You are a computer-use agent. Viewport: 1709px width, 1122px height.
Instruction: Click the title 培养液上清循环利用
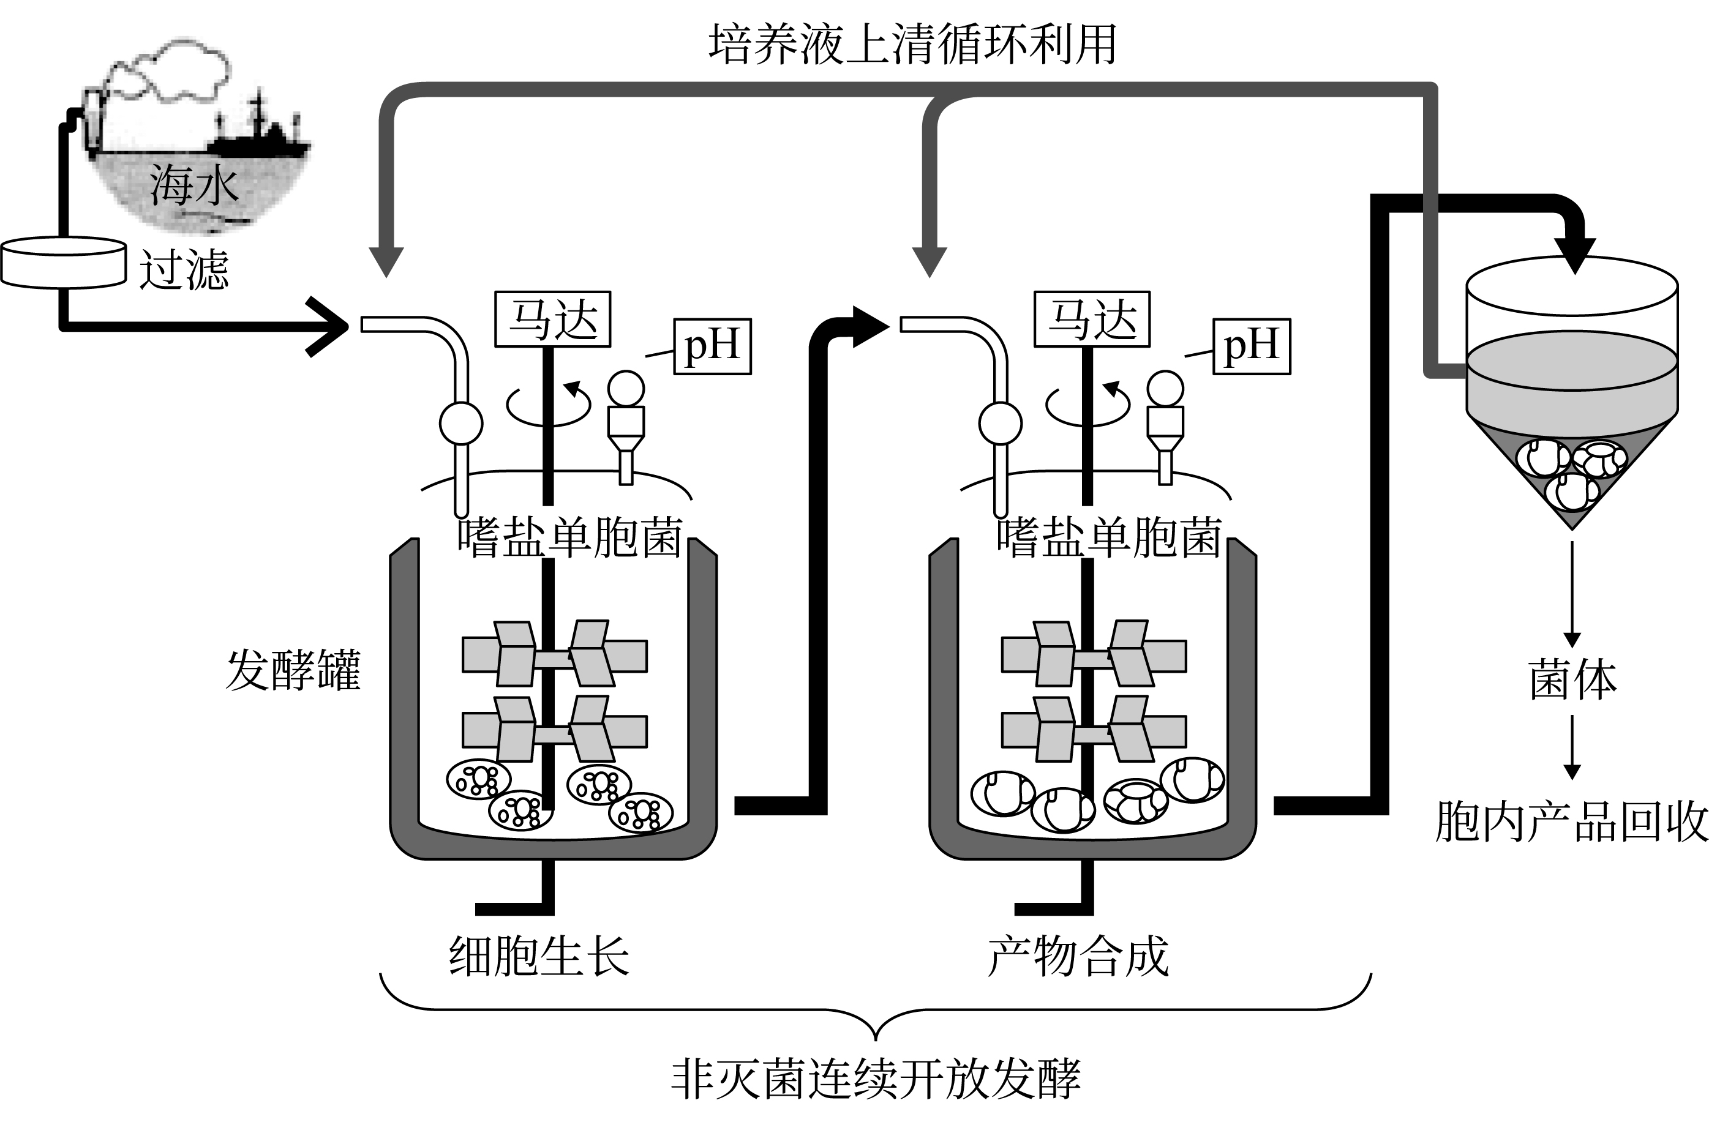pos(912,45)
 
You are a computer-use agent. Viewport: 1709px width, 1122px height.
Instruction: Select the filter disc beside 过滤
pos(63,263)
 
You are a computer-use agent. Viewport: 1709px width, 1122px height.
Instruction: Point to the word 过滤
pos(184,270)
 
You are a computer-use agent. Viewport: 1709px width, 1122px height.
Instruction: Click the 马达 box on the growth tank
pos(553,320)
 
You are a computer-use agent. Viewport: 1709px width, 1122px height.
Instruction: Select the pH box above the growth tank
pos(712,346)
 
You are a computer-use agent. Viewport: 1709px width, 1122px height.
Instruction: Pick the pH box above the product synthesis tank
pos(1252,346)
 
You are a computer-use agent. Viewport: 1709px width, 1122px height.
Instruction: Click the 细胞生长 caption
pos(539,956)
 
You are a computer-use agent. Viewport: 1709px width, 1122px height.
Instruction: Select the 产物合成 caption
pos(1078,956)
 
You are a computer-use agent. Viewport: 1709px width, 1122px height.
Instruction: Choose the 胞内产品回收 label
pos(1571,821)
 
